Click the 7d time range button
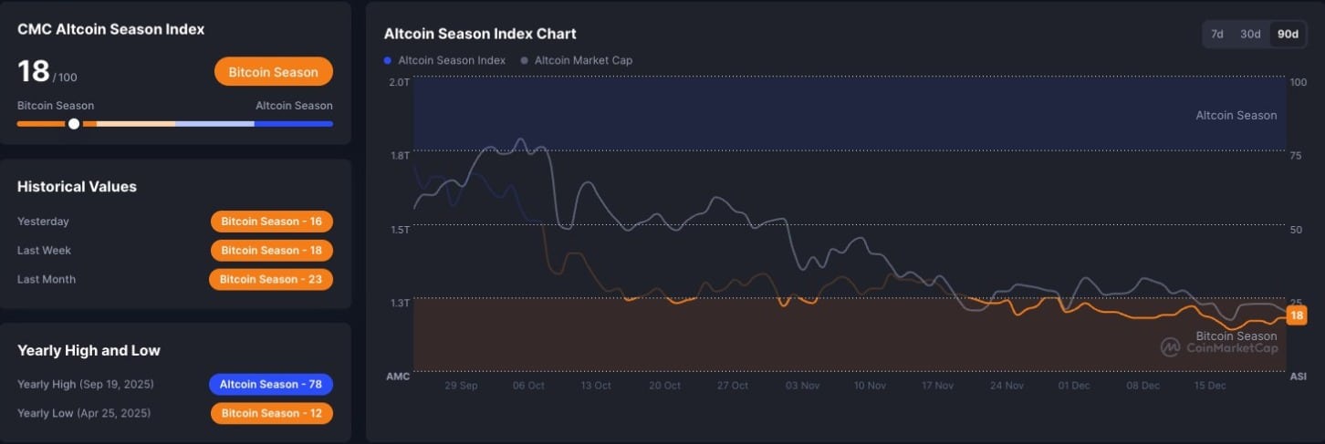point(1217,34)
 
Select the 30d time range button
point(1249,34)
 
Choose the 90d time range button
point(1288,34)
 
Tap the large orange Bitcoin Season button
point(274,72)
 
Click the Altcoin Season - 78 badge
point(271,384)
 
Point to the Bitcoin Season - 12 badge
point(272,413)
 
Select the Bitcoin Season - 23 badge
point(271,279)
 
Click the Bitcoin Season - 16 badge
point(272,222)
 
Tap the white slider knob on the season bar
point(74,124)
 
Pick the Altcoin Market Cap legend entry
point(577,60)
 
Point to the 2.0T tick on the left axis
point(399,82)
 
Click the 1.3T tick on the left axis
point(399,303)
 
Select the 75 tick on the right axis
point(1296,156)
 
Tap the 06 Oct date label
point(528,386)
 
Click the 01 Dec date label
point(1074,386)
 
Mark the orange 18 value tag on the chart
point(1296,315)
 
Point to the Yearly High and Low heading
point(89,350)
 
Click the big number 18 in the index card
point(34,71)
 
